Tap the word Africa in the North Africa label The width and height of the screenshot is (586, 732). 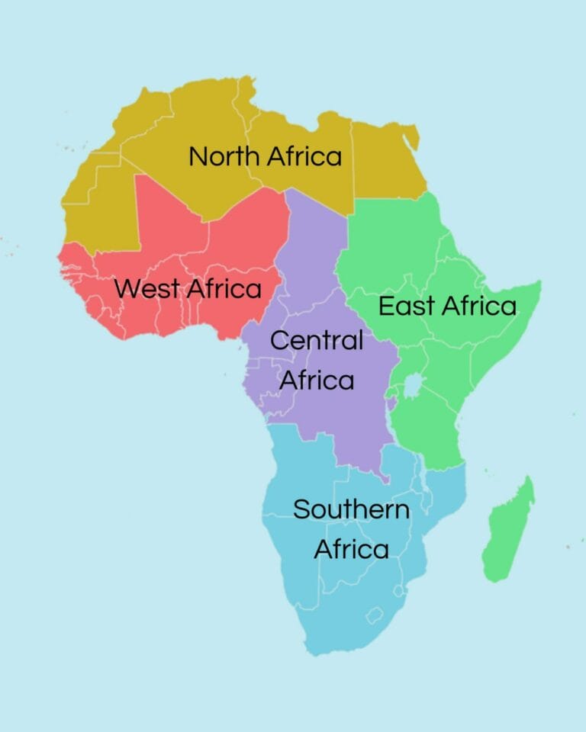pos(304,157)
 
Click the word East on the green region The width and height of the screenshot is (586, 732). pos(407,307)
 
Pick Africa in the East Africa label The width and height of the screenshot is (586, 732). pos(479,307)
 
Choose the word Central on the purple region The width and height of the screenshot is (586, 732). pos(317,341)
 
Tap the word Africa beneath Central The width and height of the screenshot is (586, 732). pos(317,380)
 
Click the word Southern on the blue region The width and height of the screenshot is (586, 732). pos(351,509)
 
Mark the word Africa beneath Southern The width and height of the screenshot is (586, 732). pos(351,549)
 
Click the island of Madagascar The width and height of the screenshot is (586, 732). pos(507,530)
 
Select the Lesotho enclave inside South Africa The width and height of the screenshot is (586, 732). pos(375,615)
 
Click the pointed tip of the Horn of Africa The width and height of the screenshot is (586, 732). pos(539,284)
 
